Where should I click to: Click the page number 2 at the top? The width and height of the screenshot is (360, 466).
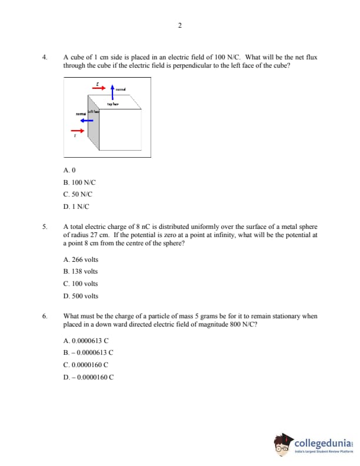[179, 25]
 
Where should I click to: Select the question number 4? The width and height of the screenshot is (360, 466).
[44, 58]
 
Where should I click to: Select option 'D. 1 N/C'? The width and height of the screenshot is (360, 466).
[76, 207]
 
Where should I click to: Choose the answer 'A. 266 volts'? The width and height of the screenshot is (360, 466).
[80, 259]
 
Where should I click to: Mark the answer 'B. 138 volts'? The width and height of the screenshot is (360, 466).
[80, 271]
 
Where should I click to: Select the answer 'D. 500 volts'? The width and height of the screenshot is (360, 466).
[80, 296]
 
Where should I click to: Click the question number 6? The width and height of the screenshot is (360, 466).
[44, 316]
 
